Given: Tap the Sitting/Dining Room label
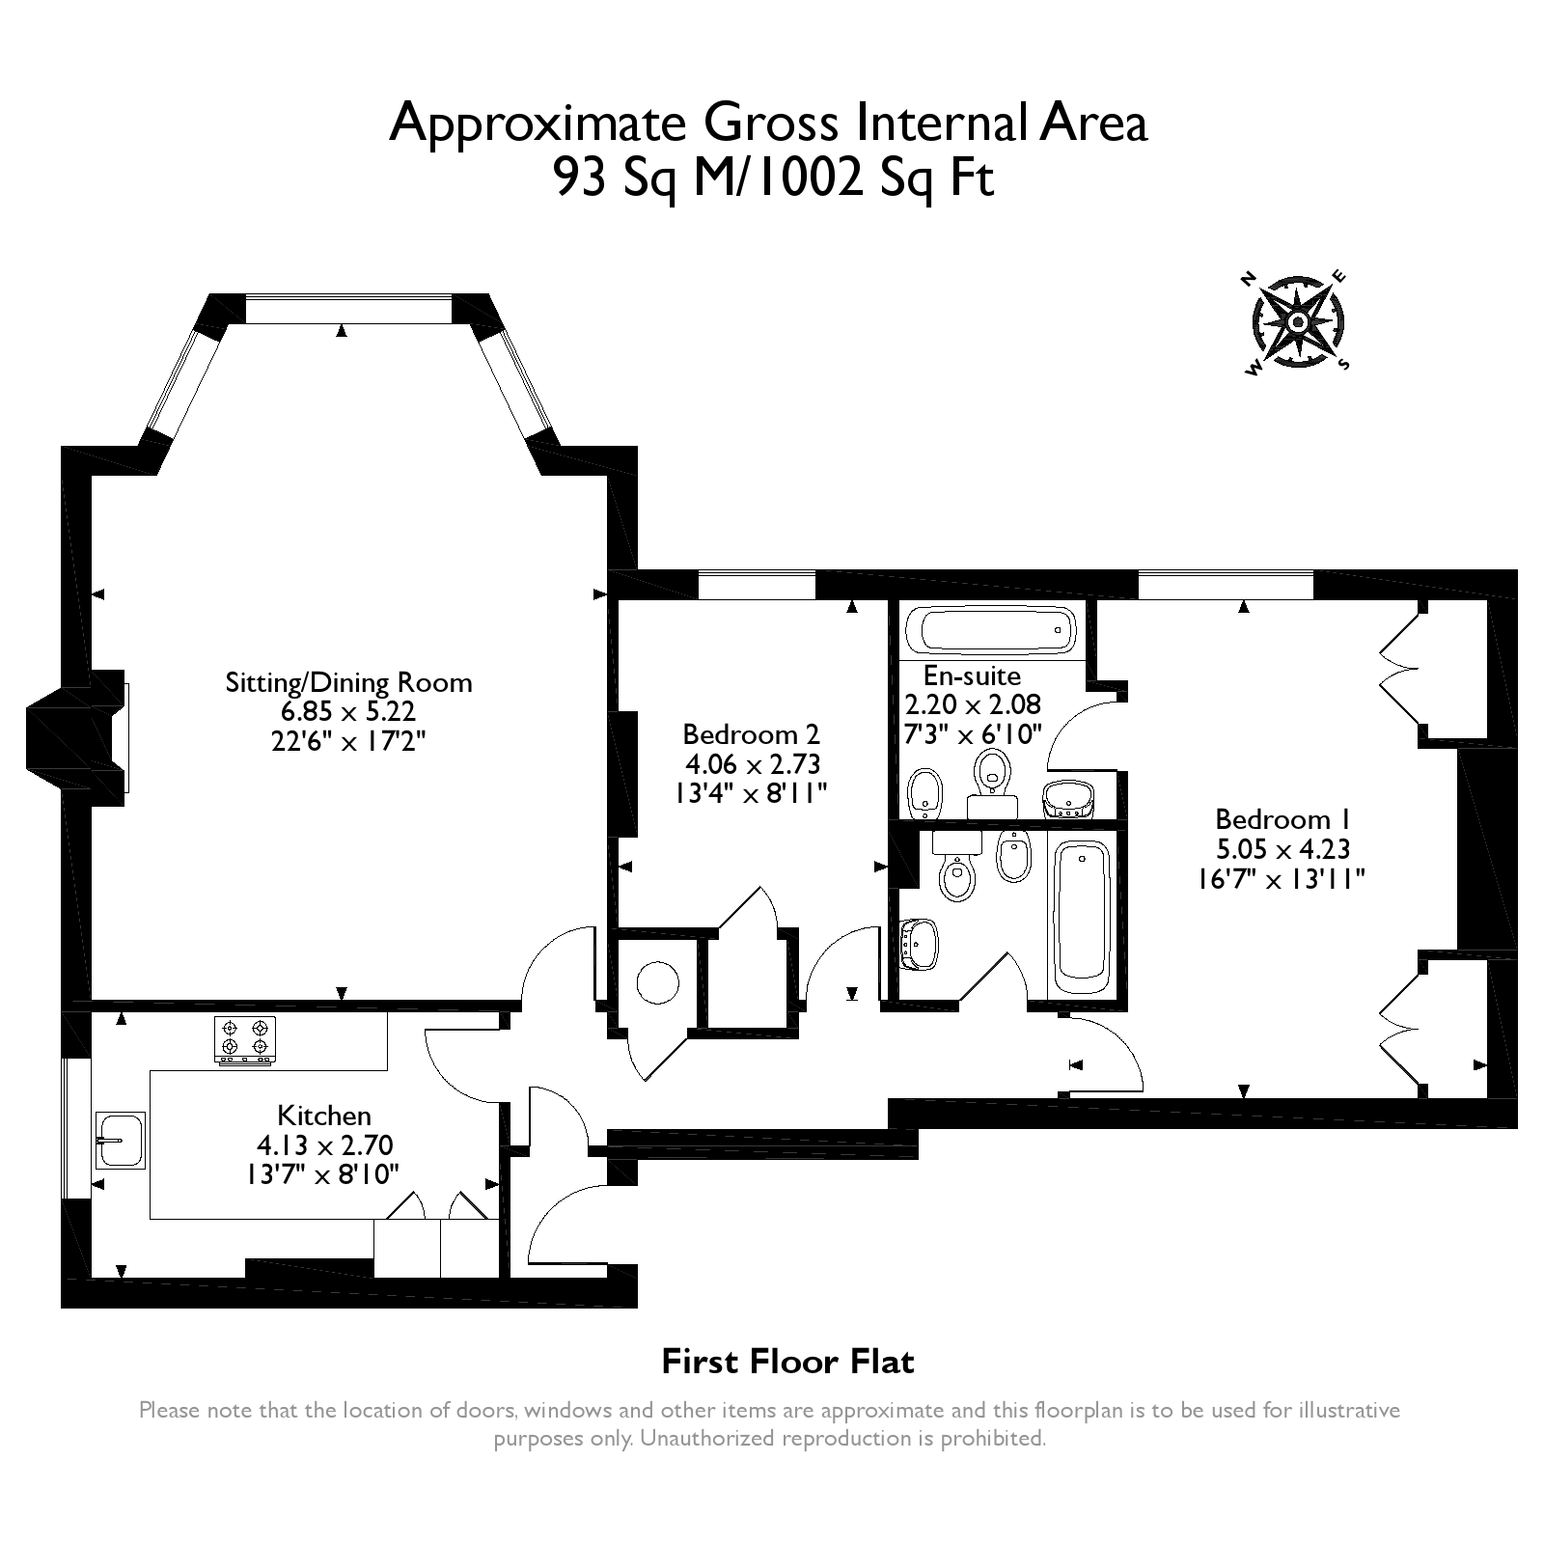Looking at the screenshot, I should pos(348,682).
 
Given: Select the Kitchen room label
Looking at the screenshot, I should pos(324,1116).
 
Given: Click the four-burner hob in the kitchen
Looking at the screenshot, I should pos(244,1040).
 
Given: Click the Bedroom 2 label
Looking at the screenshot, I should pos(751,733).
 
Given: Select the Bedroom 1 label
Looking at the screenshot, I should pos(1282,819).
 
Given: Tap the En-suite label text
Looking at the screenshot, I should pos(972,675).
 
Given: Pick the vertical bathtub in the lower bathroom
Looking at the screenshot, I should pos(1082,916).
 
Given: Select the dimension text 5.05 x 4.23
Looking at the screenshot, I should pos(1282,849).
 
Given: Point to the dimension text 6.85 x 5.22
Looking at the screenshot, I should pos(348,712).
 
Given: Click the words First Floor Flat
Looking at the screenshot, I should pos(787,1362).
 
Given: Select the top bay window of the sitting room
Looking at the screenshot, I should pos(347,309).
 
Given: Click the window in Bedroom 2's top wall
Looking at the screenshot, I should pos(756,585).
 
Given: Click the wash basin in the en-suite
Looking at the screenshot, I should pos(1069,799).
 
